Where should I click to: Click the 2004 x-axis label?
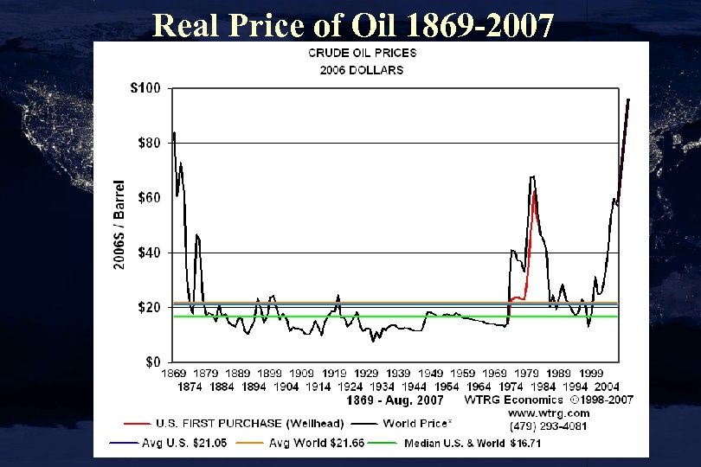(606, 387)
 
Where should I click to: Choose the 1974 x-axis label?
(511, 387)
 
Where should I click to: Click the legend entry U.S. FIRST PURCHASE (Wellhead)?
(250, 424)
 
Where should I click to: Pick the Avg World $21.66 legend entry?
(317, 442)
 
